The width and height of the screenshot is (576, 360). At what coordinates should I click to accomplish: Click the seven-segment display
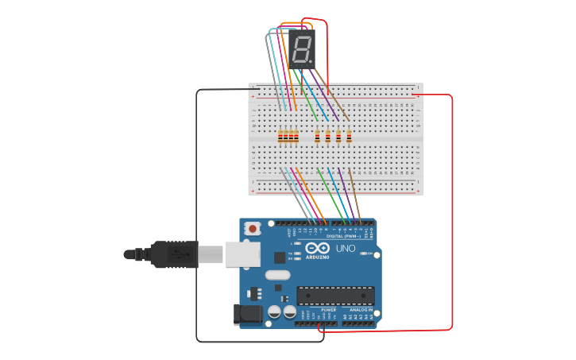tap(302, 50)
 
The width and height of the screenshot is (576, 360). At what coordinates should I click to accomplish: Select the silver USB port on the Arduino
tap(242, 254)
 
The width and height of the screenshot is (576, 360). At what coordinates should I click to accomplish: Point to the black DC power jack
tap(247, 315)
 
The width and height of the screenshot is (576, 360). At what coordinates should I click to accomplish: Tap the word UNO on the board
tap(346, 249)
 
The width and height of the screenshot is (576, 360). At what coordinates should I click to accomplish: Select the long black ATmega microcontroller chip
tap(335, 296)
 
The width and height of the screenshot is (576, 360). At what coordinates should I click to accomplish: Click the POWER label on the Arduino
tap(306, 310)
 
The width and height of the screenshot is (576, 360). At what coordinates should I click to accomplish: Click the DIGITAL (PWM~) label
tap(343, 236)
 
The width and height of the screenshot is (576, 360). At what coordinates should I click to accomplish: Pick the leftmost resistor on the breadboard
tap(280, 137)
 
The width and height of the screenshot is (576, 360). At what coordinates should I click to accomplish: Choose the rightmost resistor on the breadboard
tap(349, 137)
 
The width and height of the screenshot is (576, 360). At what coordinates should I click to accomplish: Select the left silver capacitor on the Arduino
tap(275, 312)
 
